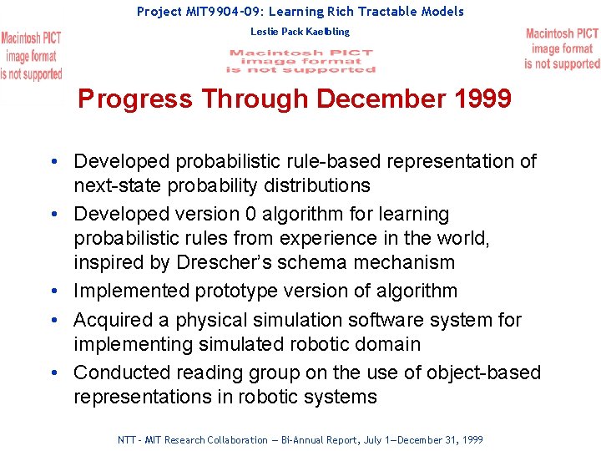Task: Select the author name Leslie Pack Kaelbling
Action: (300, 32)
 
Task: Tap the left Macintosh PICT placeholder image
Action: (31, 56)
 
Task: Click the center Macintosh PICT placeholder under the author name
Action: (301, 61)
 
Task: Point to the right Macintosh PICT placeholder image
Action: (562, 48)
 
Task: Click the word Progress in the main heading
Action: (134, 99)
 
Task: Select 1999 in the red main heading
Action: (482, 99)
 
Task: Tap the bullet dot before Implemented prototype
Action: (53, 291)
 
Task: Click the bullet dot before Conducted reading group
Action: (53, 372)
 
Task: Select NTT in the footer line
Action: (128, 440)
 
